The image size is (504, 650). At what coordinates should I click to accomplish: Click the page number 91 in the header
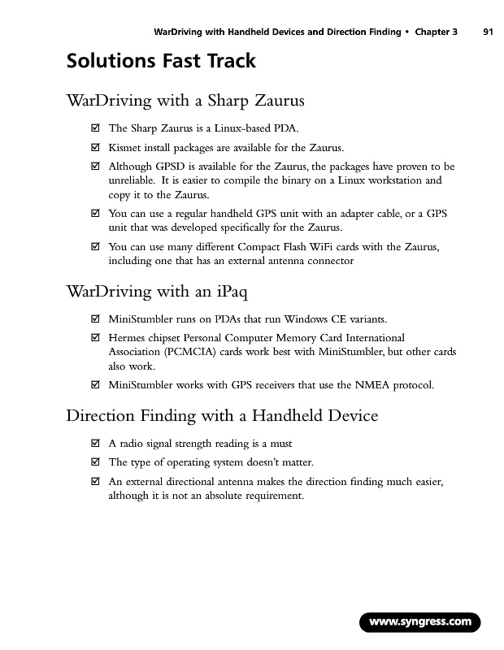point(488,32)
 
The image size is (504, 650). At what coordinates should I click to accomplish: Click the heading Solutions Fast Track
point(161,62)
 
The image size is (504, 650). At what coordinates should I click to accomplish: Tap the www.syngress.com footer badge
point(420,622)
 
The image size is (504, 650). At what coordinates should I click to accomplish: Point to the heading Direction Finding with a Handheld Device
point(221,417)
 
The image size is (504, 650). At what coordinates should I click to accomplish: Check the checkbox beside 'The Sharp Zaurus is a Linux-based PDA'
point(95,128)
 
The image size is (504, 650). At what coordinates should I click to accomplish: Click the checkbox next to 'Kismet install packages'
point(95,148)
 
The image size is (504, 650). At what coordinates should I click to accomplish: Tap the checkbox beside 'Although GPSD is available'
point(95,167)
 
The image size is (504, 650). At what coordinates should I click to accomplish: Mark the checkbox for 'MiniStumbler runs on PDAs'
point(95,318)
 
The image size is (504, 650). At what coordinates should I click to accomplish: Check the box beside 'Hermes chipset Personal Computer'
point(95,337)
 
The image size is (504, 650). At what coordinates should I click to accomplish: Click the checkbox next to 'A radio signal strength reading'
point(95,444)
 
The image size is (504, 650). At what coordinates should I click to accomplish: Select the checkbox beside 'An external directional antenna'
point(95,483)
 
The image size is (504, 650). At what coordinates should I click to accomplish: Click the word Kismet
point(124,148)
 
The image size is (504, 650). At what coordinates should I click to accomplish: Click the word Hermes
point(128,337)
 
